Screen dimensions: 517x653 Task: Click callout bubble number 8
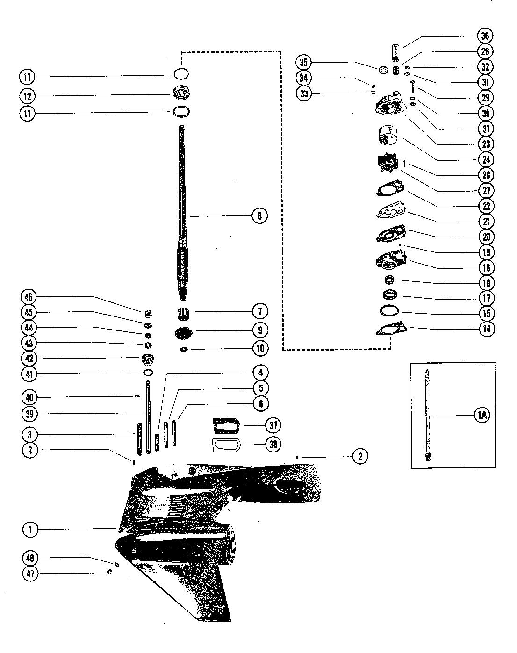point(260,216)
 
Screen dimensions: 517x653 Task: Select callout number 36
point(485,36)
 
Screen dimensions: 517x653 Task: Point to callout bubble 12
point(27,96)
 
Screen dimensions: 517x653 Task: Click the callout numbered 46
point(29,297)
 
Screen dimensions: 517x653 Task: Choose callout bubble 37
point(273,425)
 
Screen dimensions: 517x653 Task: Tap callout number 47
point(30,574)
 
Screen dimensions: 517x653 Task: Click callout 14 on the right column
point(486,329)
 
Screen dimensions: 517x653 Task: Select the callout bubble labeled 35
point(303,63)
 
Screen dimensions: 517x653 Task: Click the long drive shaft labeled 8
point(182,212)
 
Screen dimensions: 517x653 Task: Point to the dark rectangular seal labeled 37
point(227,425)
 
